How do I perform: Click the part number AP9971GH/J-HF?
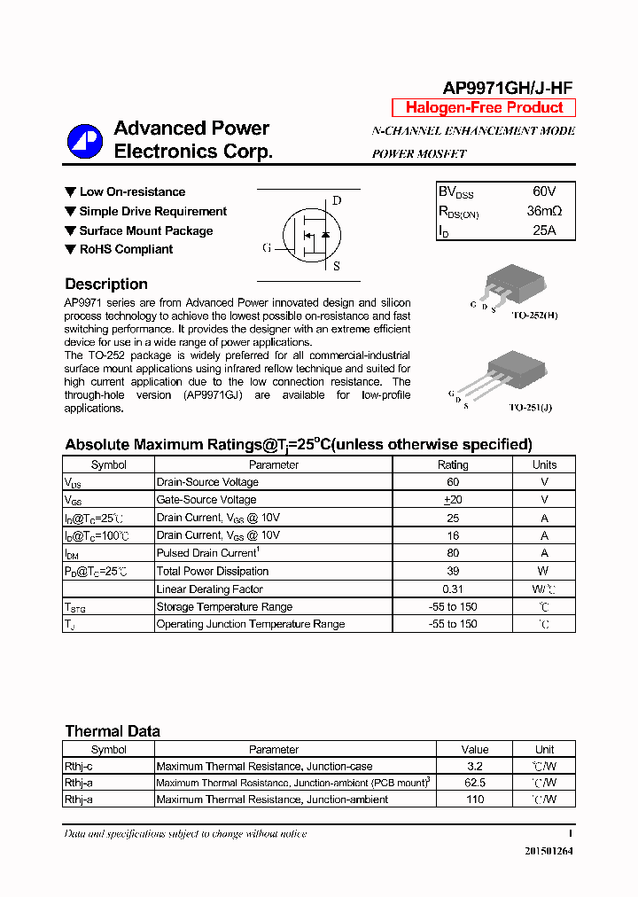click(x=508, y=87)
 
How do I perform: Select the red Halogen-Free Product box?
click(x=484, y=108)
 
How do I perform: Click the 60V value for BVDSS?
click(x=544, y=191)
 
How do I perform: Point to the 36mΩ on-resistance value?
click(x=544, y=211)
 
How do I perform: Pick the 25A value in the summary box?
click(x=544, y=230)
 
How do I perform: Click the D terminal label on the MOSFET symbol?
click(x=337, y=200)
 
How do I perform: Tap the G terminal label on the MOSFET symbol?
click(x=266, y=248)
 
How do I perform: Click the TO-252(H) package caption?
click(x=534, y=316)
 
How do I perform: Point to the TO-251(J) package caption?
click(x=531, y=408)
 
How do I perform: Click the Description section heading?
click(x=106, y=285)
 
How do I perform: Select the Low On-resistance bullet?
click(x=132, y=191)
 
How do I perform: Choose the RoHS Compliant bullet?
click(x=126, y=249)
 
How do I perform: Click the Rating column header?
click(x=453, y=464)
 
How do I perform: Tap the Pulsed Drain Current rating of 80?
click(x=453, y=553)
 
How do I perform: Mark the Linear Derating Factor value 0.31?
click(x=453, y=589)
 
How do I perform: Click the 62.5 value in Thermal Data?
click(x=475, y=783)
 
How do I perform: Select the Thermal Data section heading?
click(x=113, y=731)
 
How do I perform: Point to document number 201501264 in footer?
click(x=549, y=851)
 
